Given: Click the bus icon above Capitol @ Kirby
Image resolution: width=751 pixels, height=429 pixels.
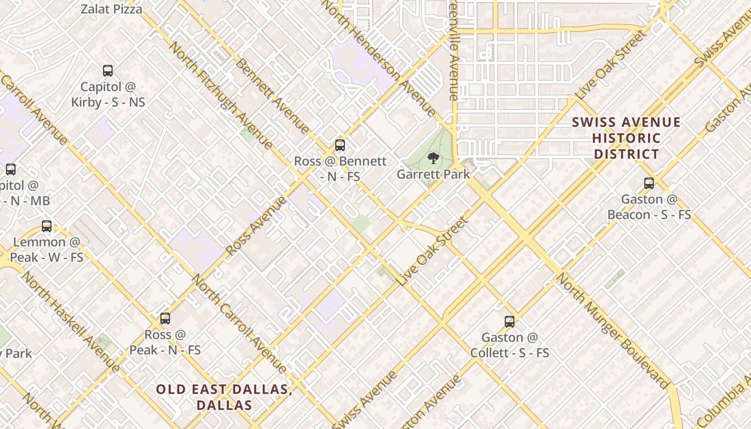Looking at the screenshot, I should coord(108,70).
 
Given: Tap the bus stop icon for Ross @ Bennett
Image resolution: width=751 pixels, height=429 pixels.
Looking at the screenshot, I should coord(340,145).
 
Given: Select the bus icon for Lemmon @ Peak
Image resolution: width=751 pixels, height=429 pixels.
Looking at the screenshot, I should coord(47,226).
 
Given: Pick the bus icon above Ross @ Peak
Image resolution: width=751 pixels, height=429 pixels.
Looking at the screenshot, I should coord(165,319).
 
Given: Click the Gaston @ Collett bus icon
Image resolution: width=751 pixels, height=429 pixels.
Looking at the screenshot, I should coord(510,322).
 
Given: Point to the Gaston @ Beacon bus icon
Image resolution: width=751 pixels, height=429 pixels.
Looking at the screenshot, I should coord(649,183).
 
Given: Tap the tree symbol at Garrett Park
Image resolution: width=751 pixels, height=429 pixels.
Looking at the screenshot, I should coord(433,158).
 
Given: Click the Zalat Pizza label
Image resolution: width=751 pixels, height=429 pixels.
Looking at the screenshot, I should coord(112,9).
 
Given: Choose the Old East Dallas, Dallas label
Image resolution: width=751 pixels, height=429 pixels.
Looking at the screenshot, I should coord(224,397).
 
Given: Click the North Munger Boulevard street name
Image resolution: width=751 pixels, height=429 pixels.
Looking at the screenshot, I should coord(612,330).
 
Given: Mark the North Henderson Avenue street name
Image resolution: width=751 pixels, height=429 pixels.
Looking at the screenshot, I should coord(380,57).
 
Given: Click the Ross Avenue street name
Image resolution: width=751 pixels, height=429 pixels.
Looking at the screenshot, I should coord(256,226).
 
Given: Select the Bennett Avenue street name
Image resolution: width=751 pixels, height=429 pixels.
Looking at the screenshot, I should coord(272,95).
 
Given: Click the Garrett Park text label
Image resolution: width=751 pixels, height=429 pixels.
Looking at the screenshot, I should coord(433,174).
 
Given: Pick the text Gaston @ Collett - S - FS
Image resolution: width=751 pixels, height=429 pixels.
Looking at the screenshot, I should coord(510,345).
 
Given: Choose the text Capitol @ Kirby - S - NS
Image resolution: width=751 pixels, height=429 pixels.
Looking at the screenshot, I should coord(108,94).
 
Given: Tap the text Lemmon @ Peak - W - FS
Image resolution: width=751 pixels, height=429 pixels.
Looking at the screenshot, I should coord(47,249).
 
